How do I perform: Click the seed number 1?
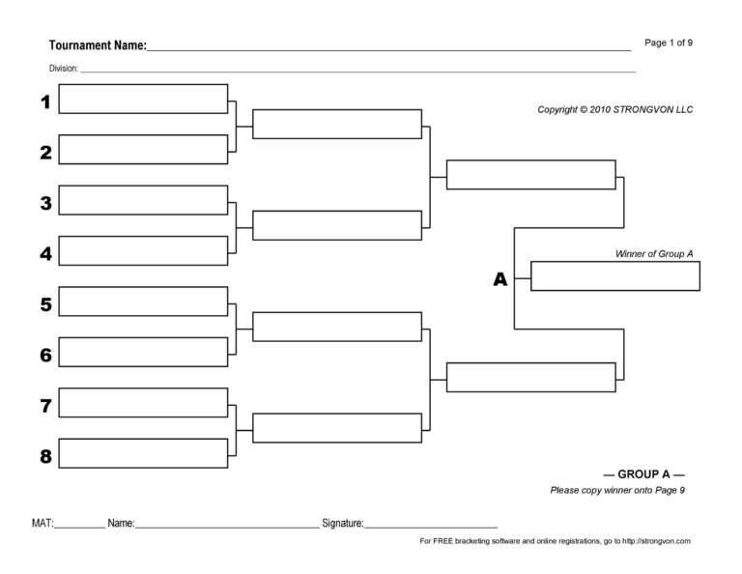pyautogui.click(x=44, y=101)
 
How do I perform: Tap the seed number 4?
pyautogui.click(x=44, y=254)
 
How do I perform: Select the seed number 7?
pyautogui.click(x=44, y=406)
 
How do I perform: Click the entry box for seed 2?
pyautogui.click(x=143, y=150)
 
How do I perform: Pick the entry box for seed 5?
pyautogui.click(x=143, y=301)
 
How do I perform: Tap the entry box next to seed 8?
pyautogui.click(x=143, y=453)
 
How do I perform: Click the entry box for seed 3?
pyautogui.click(x=143, y=200)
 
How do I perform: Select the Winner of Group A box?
pyautogui.click(x=614, y=276)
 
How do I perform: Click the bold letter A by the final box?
pyautogui.click(x=499, y=279)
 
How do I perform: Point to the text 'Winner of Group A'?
pyautogui.click(x=654, y=254)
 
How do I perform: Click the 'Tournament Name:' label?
pyautogui.click(x=98, y=45)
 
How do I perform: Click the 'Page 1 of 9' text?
pyautogui.click(x=669, y=43)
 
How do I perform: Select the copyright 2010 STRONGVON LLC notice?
pyautogui.click(x=614, y=110)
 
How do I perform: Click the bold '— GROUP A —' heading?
pyautogui.click(x=643, y=474)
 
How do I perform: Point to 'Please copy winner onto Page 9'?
pyautogui.click(x=617, y=491)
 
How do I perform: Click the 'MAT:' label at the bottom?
pyautogui.click(x=43, y=523)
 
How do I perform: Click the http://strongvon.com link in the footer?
pyautogui.click(x=656, y=542)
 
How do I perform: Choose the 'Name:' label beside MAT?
pyautogui.click(x=121, y=523)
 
